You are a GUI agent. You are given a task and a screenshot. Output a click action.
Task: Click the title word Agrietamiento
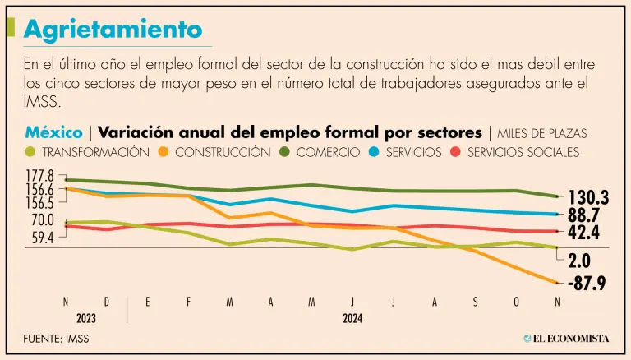click(x=113, y=30)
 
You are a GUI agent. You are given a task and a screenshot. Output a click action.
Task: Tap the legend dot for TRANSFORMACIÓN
click(x=31, y=152)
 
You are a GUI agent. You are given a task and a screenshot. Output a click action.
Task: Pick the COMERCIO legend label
click(x=327, y=152)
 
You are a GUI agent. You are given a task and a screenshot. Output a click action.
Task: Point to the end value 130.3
click(x=588, y=197)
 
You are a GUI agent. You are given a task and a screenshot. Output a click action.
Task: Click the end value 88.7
click(x=584, y=215)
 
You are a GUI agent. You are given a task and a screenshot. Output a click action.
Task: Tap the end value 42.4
click(x=584, y=233)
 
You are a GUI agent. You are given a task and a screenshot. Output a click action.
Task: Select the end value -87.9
click(x=587, y=283)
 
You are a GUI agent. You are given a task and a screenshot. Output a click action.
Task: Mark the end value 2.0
click(x=579, y=261)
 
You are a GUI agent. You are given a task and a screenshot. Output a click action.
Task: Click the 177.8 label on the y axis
click(x=39, y=175)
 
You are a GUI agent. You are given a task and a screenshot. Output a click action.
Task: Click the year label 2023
click(x=86, y=317)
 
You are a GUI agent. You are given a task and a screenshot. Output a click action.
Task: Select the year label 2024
click(x=352, y=317)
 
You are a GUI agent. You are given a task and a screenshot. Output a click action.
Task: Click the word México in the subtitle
click(x=53, y=132)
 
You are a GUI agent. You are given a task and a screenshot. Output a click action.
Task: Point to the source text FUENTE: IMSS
click(x=56, y=338)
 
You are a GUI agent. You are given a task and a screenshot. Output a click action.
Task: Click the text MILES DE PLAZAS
click(x=542, y=133)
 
